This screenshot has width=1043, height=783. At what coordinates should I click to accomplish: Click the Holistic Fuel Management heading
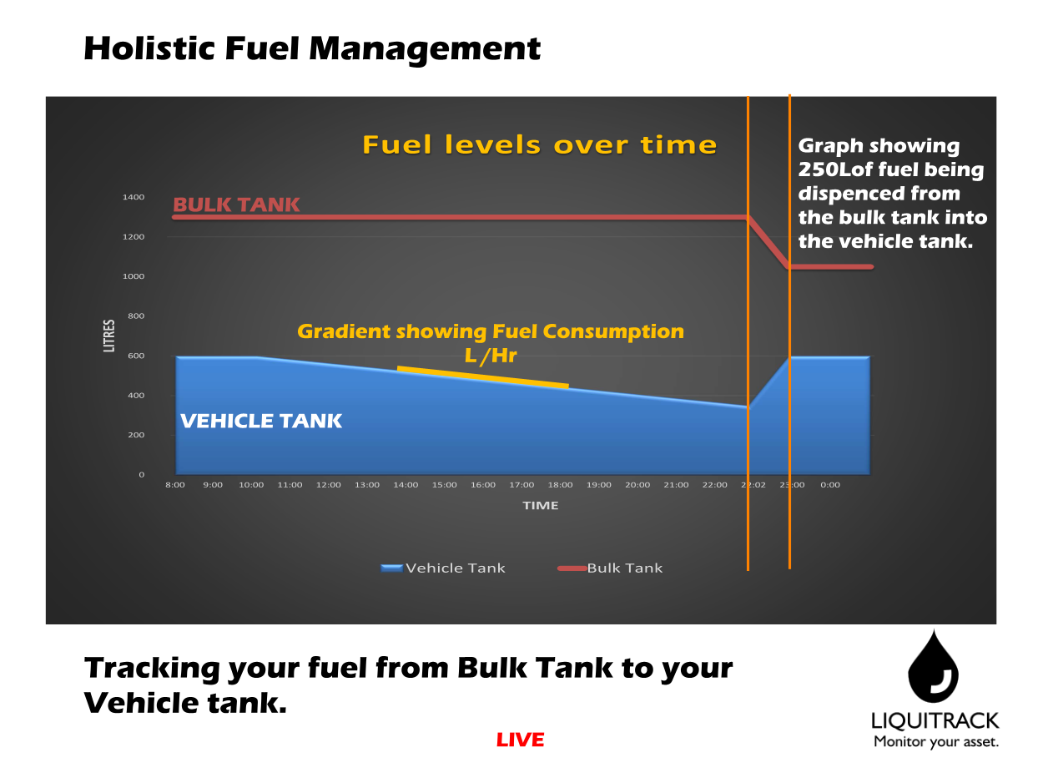(312, 48)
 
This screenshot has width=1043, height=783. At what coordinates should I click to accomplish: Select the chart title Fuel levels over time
(539, 145)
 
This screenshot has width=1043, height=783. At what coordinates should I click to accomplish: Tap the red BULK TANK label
(236, 205)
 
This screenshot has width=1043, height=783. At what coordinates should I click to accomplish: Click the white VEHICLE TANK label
(261, 421)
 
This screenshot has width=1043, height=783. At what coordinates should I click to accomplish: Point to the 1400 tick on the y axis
(133, 198)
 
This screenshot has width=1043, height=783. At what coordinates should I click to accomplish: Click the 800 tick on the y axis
(135, 316)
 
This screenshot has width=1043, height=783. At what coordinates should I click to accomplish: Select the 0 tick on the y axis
(141, 474)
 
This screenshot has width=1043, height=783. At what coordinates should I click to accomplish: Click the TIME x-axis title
(541, 505)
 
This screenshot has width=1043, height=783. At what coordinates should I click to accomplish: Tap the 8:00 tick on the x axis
(175, 485)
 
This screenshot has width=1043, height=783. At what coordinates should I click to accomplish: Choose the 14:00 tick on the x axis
(406, 485)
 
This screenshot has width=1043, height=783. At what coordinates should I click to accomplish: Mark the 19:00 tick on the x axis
(598, 485)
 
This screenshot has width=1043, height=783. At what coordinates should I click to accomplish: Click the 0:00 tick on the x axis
(830, 485)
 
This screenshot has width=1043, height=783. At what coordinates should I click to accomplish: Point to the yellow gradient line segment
(482, 376)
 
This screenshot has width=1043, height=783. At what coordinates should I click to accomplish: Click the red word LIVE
(520, 740)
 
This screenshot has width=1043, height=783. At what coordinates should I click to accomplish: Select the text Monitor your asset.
(935, 741)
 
